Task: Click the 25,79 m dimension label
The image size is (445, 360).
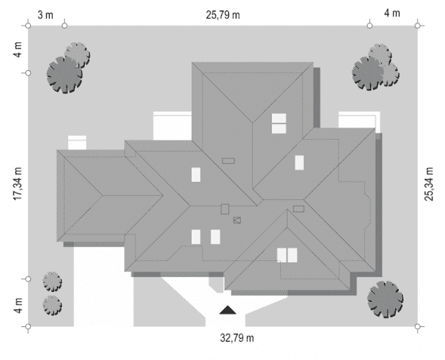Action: coord(222,15)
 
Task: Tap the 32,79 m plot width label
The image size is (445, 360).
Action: coord(237,338)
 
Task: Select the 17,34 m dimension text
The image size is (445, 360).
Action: coord(18,184)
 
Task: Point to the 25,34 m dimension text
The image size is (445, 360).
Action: coord(429,184)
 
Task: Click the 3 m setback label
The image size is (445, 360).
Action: coord(46,15)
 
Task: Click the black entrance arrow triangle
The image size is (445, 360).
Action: coord(227,309)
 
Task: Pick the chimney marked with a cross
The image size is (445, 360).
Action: coord(237,220)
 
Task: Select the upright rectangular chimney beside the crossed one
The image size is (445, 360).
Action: coord(225,209)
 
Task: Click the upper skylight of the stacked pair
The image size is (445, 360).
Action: coord(279,118)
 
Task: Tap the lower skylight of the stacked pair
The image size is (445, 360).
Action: coord(279,128)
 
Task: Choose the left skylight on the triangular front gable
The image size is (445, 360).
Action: coord(282,255)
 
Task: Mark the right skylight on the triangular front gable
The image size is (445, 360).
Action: coord(292,255)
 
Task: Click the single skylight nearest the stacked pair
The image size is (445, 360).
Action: coord(299,163)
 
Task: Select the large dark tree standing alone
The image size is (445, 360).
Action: coord(385,299)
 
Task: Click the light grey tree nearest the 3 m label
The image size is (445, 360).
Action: coord(77,55)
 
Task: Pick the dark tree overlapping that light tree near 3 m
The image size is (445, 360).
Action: coord(65,75)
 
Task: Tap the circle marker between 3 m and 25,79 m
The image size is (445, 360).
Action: coord(65,26)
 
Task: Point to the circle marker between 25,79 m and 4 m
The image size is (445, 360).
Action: coord(369,26)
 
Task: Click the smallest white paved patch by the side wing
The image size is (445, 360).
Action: coord(77,142)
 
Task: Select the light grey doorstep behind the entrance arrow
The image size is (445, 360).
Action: coord(217,284)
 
